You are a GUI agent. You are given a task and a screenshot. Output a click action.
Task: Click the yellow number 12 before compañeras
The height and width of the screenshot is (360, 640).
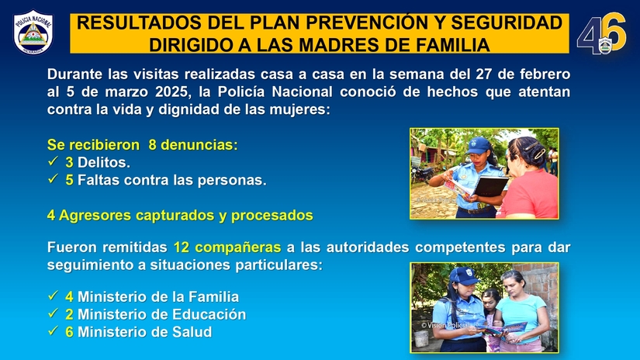(x=182, y=247)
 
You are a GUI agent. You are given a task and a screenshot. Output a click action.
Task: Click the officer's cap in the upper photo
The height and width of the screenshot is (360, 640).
(x=479, y=145)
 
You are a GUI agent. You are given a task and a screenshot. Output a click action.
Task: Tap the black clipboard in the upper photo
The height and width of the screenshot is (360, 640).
(x=490, y=187)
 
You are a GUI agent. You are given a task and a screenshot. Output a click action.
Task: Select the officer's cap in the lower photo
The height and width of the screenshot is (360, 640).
(x=464, y=275)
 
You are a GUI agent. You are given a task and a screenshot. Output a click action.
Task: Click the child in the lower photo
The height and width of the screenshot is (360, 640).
(x=490, y=310)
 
